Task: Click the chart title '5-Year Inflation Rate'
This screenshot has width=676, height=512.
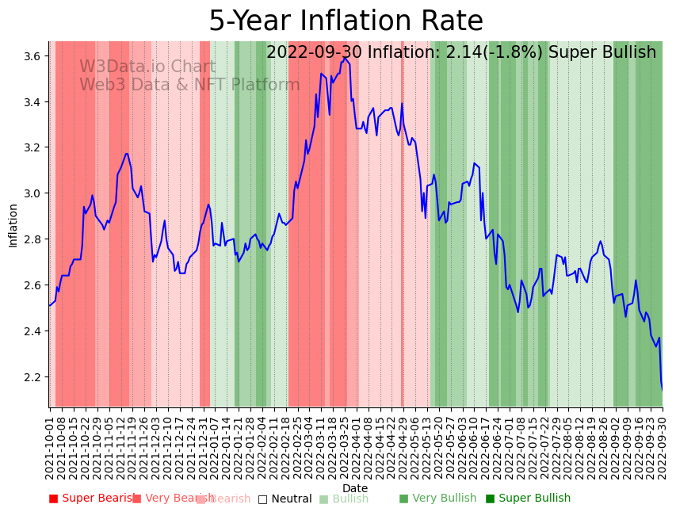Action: pyautogui.click(x=346, y=21)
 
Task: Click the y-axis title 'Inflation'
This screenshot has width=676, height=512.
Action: pyautogui.click(x=13, y=225)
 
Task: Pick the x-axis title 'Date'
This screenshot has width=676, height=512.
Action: pyautogui.click(x=355, y=488)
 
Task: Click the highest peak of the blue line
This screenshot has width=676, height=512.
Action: pyautogui.click(x=345, y=57)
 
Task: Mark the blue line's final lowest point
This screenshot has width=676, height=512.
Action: pyautogui.click(x=662, y=389)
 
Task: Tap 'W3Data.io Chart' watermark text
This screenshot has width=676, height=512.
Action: pyautogui.click(x=147, y=67)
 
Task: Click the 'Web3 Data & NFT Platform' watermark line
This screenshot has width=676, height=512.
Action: pyautogui.click(x=189, y=85)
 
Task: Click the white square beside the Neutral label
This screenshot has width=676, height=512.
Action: pyautogui.click(x=262, y=499)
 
